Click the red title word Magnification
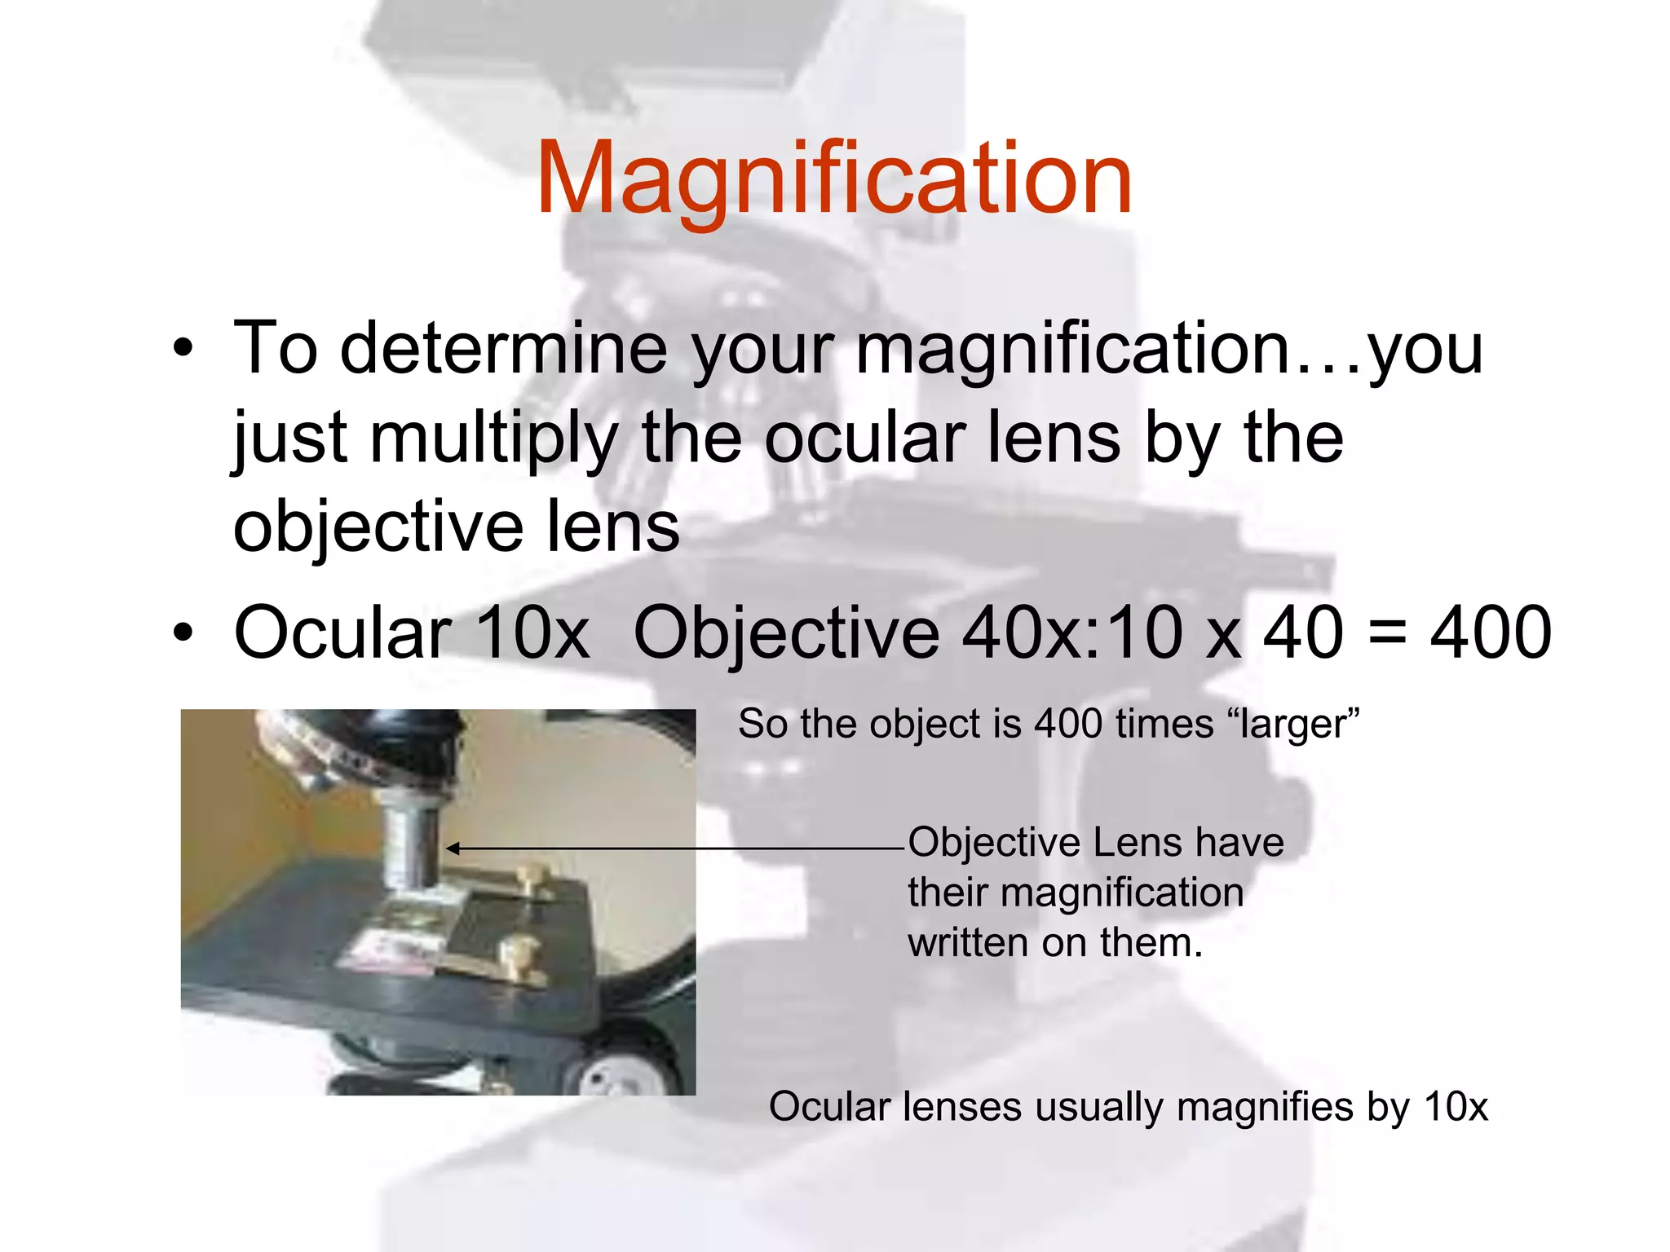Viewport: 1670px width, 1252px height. coord(833,179)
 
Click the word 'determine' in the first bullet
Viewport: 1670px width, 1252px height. coord(503,349)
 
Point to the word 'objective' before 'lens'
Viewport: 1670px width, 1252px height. coord(378,527)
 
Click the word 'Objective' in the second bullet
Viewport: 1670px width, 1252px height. coord(786,634)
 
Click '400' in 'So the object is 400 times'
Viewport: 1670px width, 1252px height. coord(1068,724)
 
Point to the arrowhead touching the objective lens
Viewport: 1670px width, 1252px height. coord(451,849)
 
